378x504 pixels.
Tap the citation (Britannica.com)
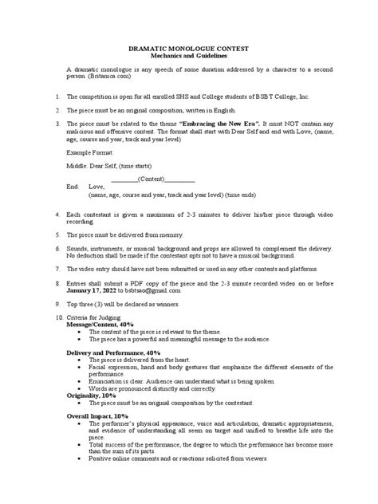109,81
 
